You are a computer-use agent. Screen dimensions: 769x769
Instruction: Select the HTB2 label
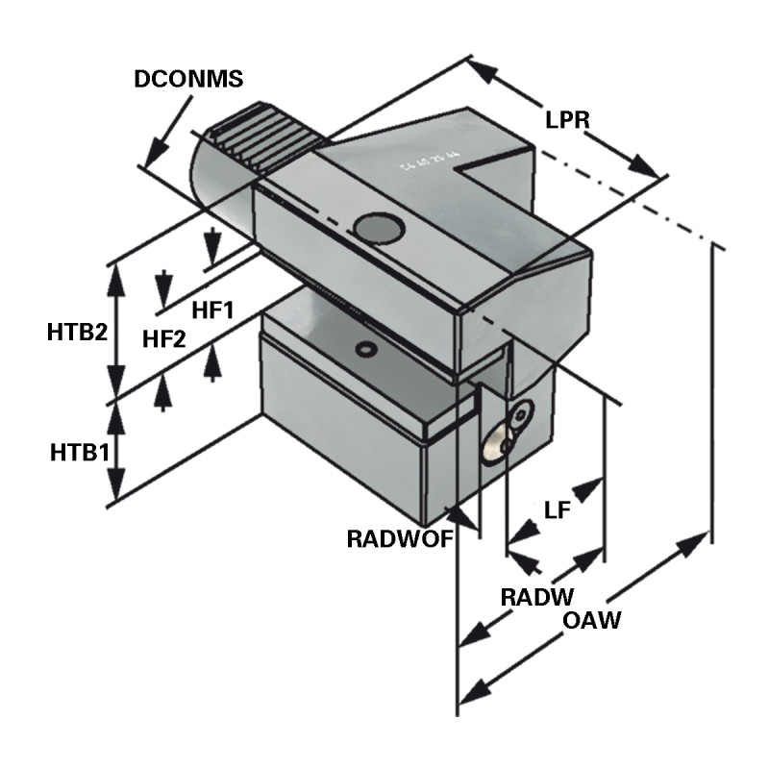76,333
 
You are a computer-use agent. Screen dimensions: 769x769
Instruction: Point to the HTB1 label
77,451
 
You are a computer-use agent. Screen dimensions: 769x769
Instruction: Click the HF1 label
213,310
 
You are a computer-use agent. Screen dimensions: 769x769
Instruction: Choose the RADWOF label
399,538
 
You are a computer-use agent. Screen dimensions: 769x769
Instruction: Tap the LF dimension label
558,510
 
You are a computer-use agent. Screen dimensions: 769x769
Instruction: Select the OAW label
591,620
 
